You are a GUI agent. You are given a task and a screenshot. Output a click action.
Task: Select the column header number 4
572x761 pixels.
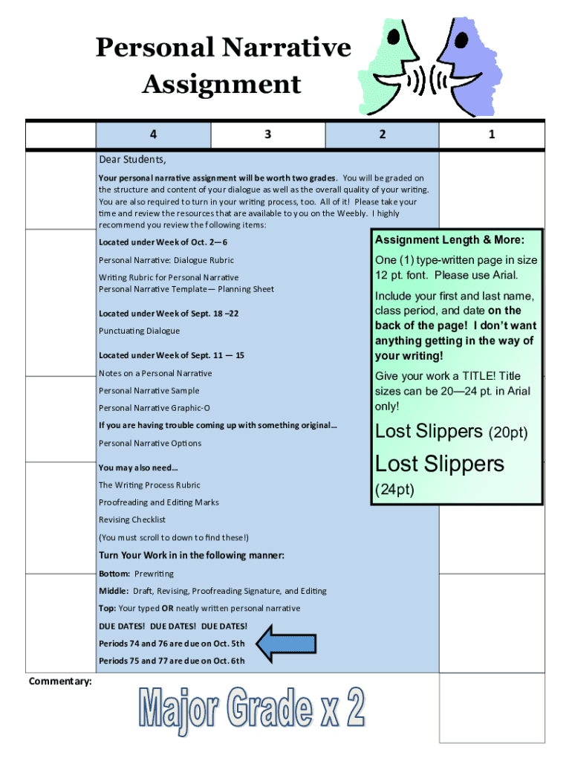[153, 135]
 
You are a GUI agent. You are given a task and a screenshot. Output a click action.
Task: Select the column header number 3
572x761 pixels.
[267, 135]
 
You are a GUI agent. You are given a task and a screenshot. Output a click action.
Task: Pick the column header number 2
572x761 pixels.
[382, 135]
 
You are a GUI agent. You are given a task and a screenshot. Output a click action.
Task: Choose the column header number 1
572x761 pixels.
[492, 135]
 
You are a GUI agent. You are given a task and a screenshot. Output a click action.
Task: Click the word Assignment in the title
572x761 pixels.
[221, 84]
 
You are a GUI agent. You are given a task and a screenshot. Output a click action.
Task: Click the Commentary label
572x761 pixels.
[60, 681]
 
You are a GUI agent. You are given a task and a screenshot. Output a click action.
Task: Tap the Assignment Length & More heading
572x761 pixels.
[449, 240]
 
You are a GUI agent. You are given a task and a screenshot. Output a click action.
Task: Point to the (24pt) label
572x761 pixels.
[394, 490]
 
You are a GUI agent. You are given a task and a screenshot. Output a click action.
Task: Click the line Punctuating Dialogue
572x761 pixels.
[139, 331]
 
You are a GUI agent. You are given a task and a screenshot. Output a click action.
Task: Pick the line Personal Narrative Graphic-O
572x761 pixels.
[155, 408]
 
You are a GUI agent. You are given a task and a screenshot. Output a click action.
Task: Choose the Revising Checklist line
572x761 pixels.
[132, 519]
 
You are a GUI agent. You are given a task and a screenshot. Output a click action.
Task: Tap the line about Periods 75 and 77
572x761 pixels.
[172, 661]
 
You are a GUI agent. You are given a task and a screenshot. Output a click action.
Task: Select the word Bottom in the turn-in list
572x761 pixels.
[114, 574]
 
